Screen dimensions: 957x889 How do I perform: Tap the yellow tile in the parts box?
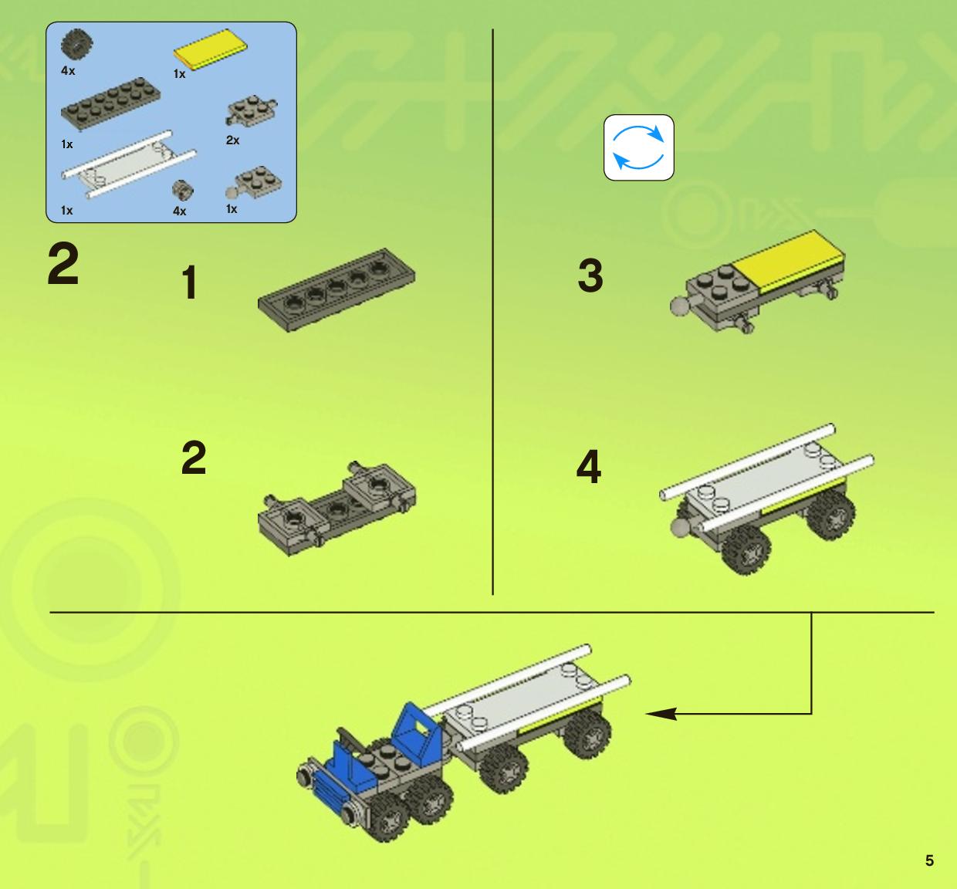pos(211,48)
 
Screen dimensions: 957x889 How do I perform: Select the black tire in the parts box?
pos(77,44)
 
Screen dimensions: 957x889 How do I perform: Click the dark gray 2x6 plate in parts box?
pos(110,103)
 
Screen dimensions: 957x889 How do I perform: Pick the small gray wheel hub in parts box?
pos(183,191)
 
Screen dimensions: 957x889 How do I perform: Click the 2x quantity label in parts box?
pos(233,140)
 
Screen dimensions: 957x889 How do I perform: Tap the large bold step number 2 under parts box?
pos(63,265)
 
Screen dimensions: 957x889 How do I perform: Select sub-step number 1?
pos(190,283)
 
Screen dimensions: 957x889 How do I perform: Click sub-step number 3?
pos(590,275)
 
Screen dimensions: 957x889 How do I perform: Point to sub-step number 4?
pos(589,466)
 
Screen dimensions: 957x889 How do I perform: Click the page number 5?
pos(929,860)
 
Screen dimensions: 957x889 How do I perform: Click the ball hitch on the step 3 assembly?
pos(680,306)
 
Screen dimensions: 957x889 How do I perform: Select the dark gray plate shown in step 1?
pos(336,289)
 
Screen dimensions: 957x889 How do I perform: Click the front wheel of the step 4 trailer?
pos(746,549)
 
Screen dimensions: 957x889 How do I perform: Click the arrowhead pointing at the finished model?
pos(661,714)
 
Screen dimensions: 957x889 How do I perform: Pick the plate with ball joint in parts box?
pos(254,183)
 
